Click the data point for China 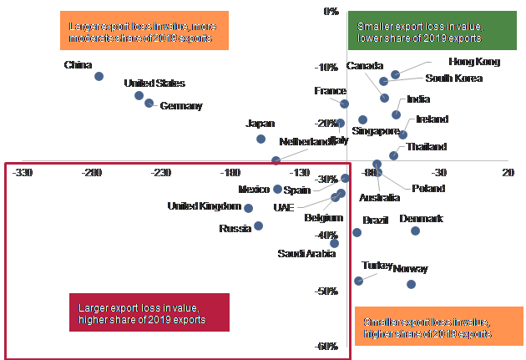tap(99, 76)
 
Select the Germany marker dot tap(149, 104)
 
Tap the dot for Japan tap(261, 139)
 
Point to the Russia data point tap(259, 226)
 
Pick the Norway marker tap(411, 284)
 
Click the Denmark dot tap(415, 231)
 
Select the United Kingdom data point tap(248, 207)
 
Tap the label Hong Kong tap(473, 62)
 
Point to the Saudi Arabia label tap(307, 253)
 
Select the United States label tap(154, 83)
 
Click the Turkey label tap(377, 265)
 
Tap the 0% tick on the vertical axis tap(330, 12)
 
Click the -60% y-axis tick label tap(326, 347)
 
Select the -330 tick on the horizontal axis tap(23, 173)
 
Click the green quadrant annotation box tap(419, 33)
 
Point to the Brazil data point tap(357, 232)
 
